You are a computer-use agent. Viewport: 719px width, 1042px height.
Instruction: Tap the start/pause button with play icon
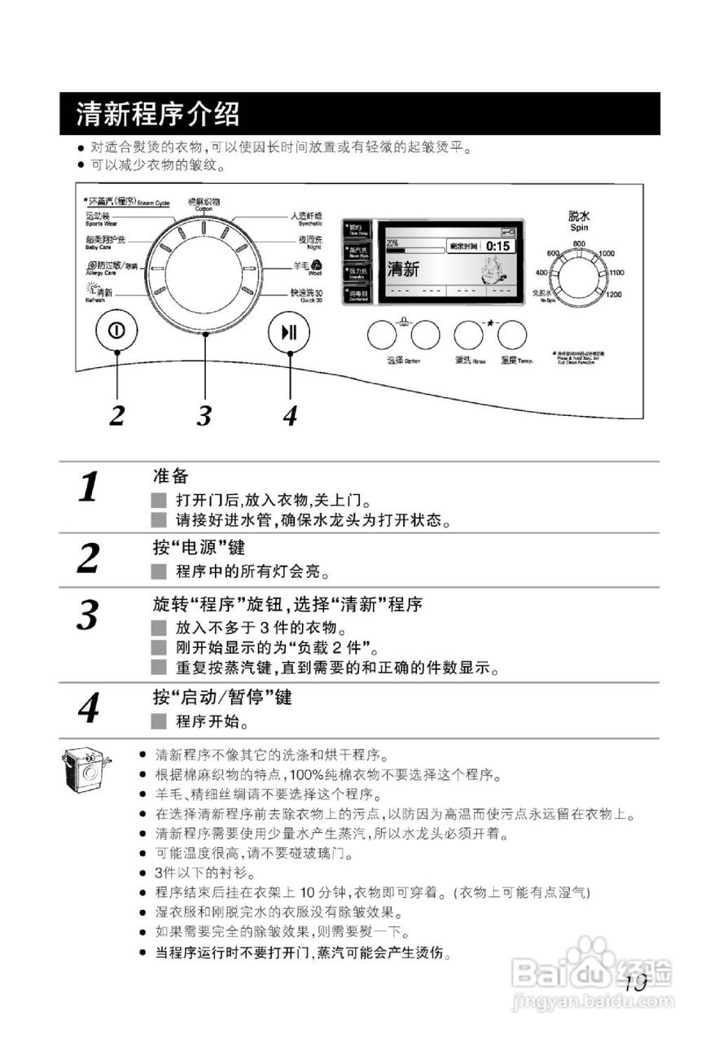click(x=288, y=332)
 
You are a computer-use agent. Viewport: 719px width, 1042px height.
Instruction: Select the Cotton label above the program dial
click(x=204, y=204)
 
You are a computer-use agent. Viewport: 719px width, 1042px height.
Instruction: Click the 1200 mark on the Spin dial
click(x=614, y=294)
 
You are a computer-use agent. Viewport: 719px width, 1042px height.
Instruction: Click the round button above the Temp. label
click(x=513, y=335)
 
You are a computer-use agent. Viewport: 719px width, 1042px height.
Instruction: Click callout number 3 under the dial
click(x=204, y=415)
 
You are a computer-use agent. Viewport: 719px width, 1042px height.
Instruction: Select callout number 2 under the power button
click(x=117, y=415)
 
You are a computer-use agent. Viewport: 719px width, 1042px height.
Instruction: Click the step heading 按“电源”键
click(x=199, y=546)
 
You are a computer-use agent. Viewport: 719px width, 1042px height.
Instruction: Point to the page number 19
click(x=635, y=982)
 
